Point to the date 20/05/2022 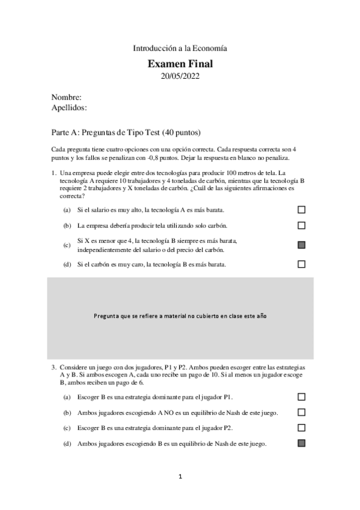coord(180,76)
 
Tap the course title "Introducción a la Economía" coord(180,48)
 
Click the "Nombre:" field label coord(67,97)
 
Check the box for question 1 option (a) coord(302,210)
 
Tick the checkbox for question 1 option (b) coord(302,226)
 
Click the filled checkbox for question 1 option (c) coord(302,245)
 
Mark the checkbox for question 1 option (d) coord(302,264)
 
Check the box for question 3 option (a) coord(302,397)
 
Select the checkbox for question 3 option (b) coord(302,413)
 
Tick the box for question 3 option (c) coord(302,428)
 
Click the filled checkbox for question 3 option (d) coord(302,443)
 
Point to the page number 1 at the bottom coord(180,477)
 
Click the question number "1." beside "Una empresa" coord(54,173)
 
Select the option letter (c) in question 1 coord(67,245)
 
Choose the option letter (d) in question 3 coord(67,444)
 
